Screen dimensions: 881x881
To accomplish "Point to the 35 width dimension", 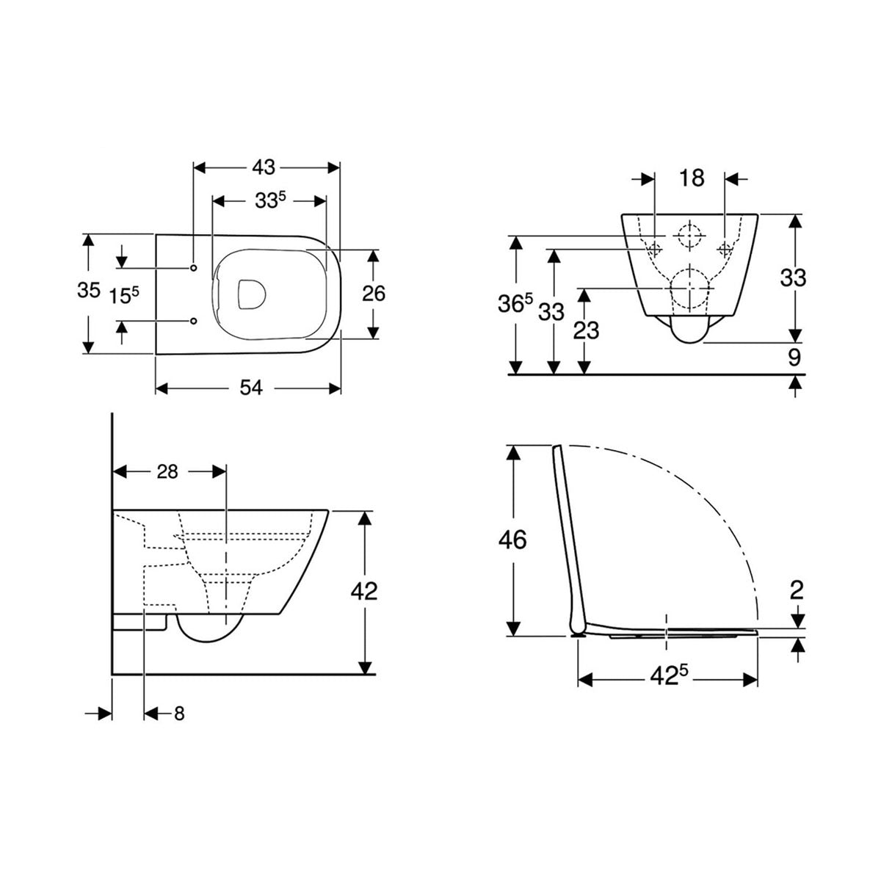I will tap(89, 291).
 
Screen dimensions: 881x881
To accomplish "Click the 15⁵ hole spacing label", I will tap(124, 296).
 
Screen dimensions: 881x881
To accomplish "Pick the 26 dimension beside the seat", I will tap(374, 294).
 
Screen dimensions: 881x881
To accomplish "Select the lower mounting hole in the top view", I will tap(194, 321).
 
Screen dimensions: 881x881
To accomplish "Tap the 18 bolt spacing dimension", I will tap(691, 178).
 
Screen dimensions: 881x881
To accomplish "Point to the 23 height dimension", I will tap(586, 330).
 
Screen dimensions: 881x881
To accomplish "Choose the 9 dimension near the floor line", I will tap(794, 358).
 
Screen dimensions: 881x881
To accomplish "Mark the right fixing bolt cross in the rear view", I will tap(725, 248).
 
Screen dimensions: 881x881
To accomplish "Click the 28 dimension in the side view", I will tap(167, 472).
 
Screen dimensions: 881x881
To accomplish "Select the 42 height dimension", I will tap(365, 590).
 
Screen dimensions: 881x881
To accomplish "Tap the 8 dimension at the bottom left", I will tap(179, 714).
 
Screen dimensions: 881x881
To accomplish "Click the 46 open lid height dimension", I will tap(512, 540).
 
